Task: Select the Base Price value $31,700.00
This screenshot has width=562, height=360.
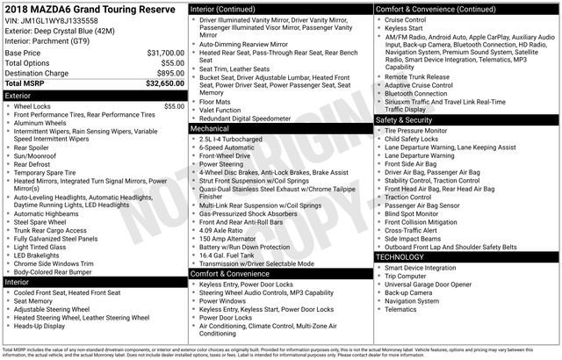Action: click(x=165, y=53)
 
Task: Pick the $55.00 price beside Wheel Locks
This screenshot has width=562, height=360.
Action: click(x=173, y=106)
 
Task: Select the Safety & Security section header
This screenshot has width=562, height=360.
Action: click(x=405, y=119)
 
